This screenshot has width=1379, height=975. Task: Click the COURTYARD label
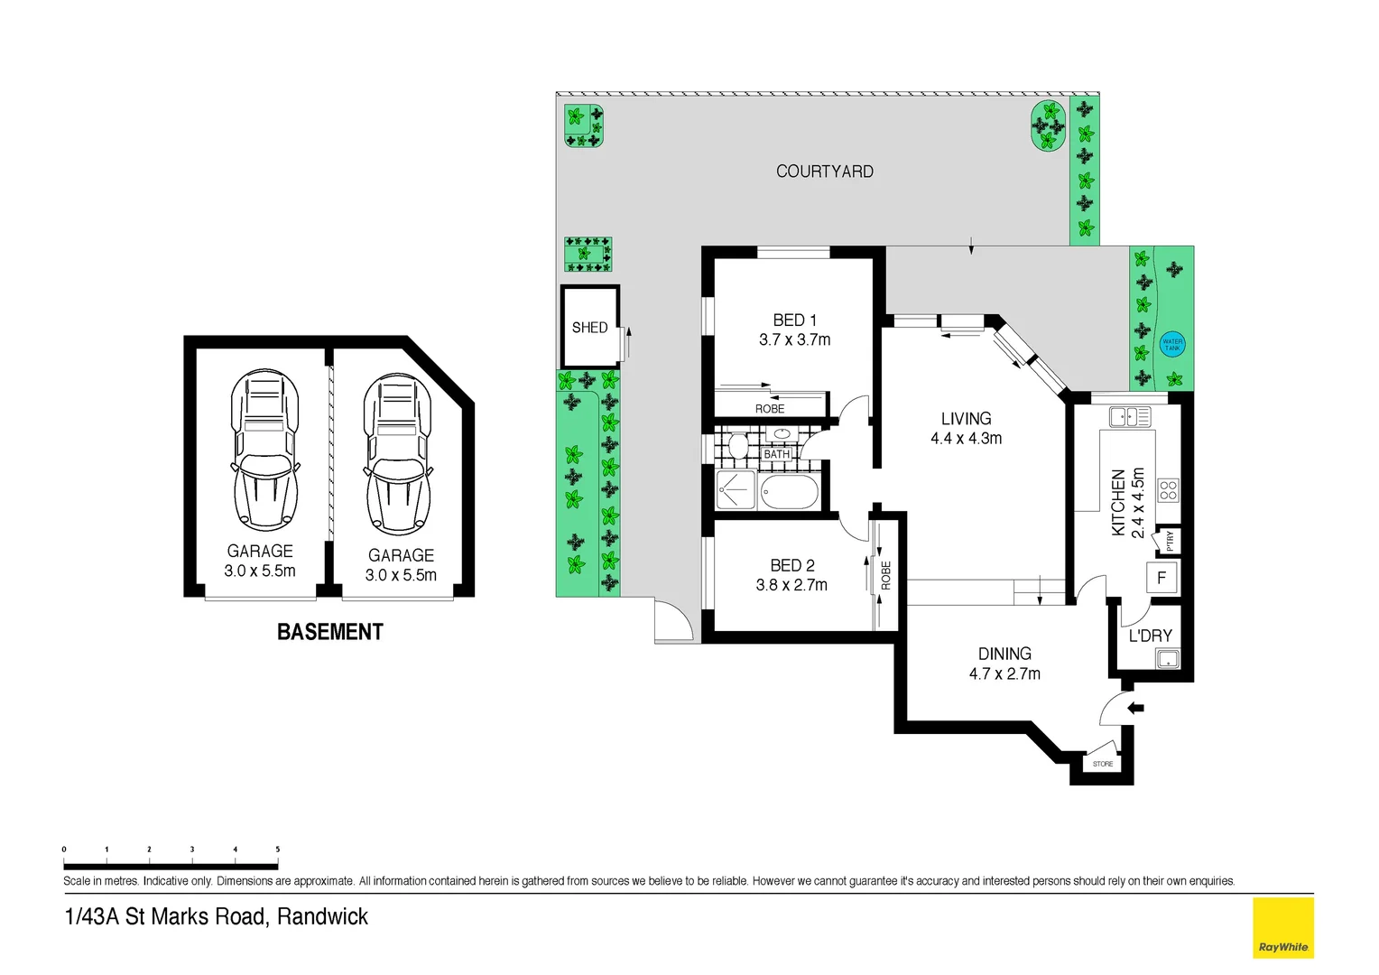[824, 172]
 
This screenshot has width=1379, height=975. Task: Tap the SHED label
[589, 328]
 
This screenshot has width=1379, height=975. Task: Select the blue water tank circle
[1171, 344]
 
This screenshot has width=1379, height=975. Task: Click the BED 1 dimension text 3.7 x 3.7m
[794, 340]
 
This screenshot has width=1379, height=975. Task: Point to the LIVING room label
[966, 419]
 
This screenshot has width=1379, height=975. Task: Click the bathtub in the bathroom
[790, 493]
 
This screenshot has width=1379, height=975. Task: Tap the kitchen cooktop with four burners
[1168, 490]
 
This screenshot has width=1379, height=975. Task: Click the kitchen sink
[1129, 416]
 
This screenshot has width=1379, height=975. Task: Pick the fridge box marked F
[1162, 578]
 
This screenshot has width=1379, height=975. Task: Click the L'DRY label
[1150, 636]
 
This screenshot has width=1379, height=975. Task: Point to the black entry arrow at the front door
[1135, 708]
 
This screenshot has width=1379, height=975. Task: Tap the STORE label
[1103, 764]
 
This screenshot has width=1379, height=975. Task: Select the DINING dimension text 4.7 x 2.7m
[1004, 674]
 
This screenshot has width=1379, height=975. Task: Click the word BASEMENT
[330, 632]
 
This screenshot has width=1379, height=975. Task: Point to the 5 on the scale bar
[277, 850]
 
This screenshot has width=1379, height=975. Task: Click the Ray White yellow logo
[1282, 927]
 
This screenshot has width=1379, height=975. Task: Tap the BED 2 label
[791, 566]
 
